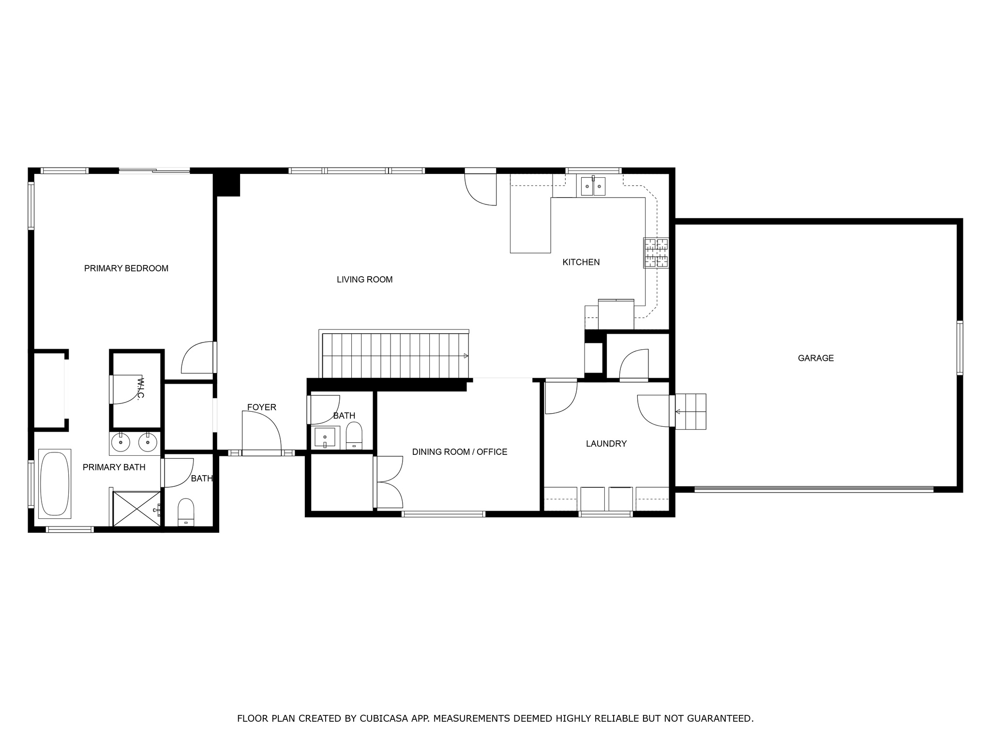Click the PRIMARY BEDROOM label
click(x=126, y=268)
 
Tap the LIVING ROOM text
click(x=364, y=279)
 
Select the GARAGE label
click(x=815, y=358)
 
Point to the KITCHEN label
click(x=581, y=262)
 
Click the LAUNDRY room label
click(x=606, y=443)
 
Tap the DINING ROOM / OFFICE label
click(x=459, y=452)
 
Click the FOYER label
click(x=261, y=407)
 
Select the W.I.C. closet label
click(x=140, y=388)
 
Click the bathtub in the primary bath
click(x=55, y=484)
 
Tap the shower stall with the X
click(x=136, y=509)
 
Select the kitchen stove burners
click(x=656, y=253)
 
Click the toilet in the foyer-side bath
click(x=354, y=435)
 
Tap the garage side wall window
click(x=960, y=347)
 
